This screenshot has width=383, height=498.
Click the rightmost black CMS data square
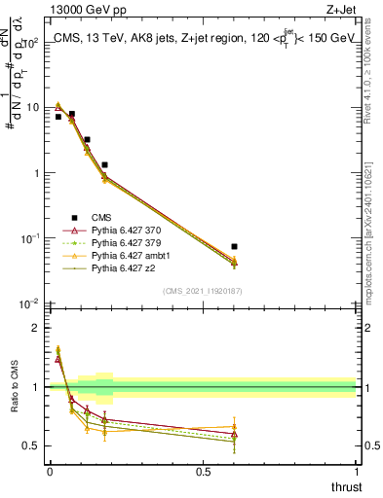234,247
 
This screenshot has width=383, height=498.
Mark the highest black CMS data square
72,114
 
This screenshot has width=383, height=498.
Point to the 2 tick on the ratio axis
37,328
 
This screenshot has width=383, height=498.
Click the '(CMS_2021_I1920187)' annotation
202,291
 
